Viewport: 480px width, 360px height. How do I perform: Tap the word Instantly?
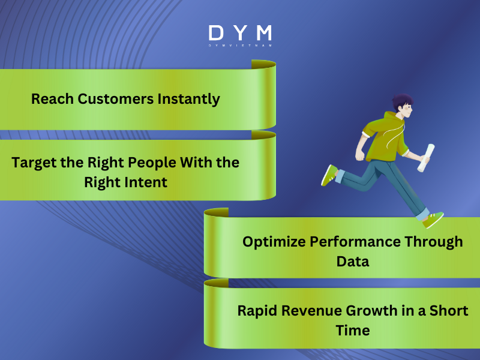coord(188,99)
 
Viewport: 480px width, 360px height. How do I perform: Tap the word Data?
coord(352,262)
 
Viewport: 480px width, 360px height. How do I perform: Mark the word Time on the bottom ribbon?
coord(353,330)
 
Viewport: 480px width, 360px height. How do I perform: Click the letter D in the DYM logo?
coord(215,32)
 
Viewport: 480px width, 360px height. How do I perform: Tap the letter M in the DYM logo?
coord(263,32)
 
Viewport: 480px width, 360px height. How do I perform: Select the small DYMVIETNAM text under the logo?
coord(239,46)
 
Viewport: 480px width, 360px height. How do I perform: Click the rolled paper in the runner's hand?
coord(427,157)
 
